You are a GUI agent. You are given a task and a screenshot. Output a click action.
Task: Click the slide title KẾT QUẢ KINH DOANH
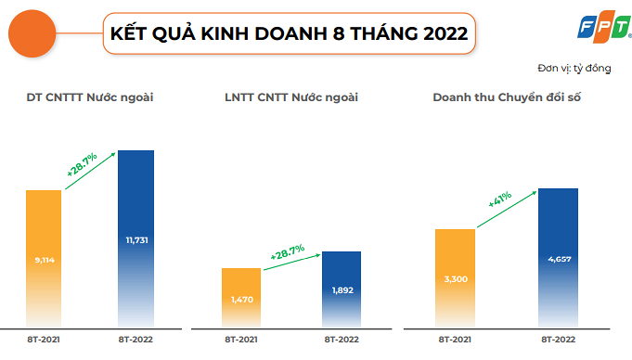coord(289,35)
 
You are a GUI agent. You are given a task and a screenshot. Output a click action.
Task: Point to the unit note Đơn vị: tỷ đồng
coord(574,69)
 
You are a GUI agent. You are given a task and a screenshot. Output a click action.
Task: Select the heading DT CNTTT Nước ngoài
coord(90,97)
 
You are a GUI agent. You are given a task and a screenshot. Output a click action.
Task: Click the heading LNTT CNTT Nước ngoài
coord(290,97)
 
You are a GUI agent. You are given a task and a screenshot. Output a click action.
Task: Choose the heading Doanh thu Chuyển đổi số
coord(507,97)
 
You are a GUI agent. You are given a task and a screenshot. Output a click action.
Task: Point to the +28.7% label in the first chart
coord(82,165)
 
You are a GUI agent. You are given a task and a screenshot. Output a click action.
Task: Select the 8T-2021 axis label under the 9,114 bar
coord(44,340)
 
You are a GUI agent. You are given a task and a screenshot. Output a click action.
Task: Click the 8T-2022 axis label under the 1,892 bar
coord(342,340)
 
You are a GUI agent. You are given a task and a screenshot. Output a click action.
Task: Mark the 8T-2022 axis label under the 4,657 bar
coord(559,340)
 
